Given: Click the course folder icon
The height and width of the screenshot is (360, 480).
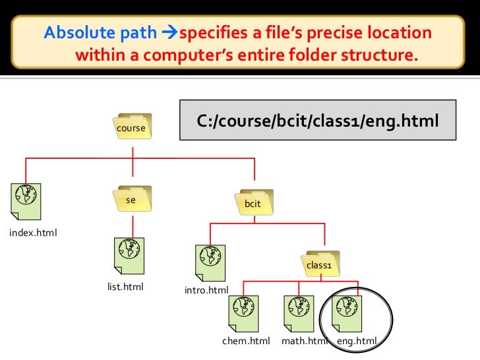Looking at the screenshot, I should click(x=131, y=127).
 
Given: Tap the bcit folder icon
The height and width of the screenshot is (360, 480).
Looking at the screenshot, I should click(x=253, y=203).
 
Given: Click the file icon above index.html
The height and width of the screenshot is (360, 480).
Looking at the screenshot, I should click(x=26, y=201).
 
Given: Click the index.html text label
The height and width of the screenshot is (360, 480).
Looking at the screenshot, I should click(x=33, y=233).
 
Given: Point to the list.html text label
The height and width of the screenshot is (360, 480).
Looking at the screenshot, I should click(x=125, y=287).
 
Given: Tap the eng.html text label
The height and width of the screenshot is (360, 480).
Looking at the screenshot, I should click(x=357, y=341).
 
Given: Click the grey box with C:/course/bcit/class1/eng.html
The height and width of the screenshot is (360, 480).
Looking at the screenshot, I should click(x=318, y=120).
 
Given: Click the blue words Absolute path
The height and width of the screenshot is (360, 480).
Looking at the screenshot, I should click(x=101, y=33).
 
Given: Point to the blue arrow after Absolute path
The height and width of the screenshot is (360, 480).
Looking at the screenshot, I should click(x=169, y=34).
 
